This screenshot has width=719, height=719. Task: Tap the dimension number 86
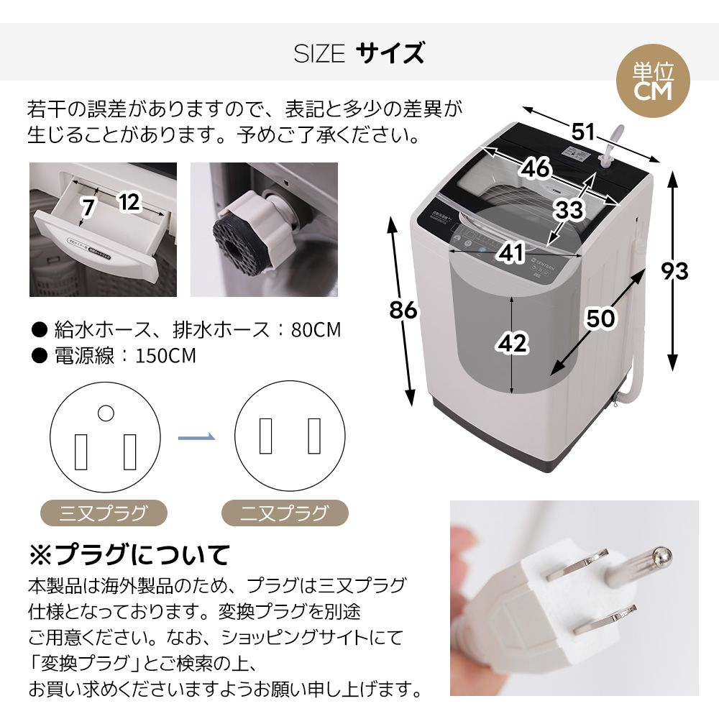click(403, 310)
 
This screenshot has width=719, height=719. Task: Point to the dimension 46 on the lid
click(536, 168)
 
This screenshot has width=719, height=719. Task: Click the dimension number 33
click(569, 210)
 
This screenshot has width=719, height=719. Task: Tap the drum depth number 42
click(512, 344)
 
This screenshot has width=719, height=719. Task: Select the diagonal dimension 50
click(600, 317)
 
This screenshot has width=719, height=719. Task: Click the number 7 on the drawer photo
click(88, 209)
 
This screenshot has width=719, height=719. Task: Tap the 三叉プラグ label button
click(103, 513)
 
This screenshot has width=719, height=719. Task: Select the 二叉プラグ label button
click(284, 513)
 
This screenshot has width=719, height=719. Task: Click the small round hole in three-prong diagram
click(106, 413)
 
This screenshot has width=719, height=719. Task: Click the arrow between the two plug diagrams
click(196, 436)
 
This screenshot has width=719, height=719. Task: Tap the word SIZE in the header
click(319, 54)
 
